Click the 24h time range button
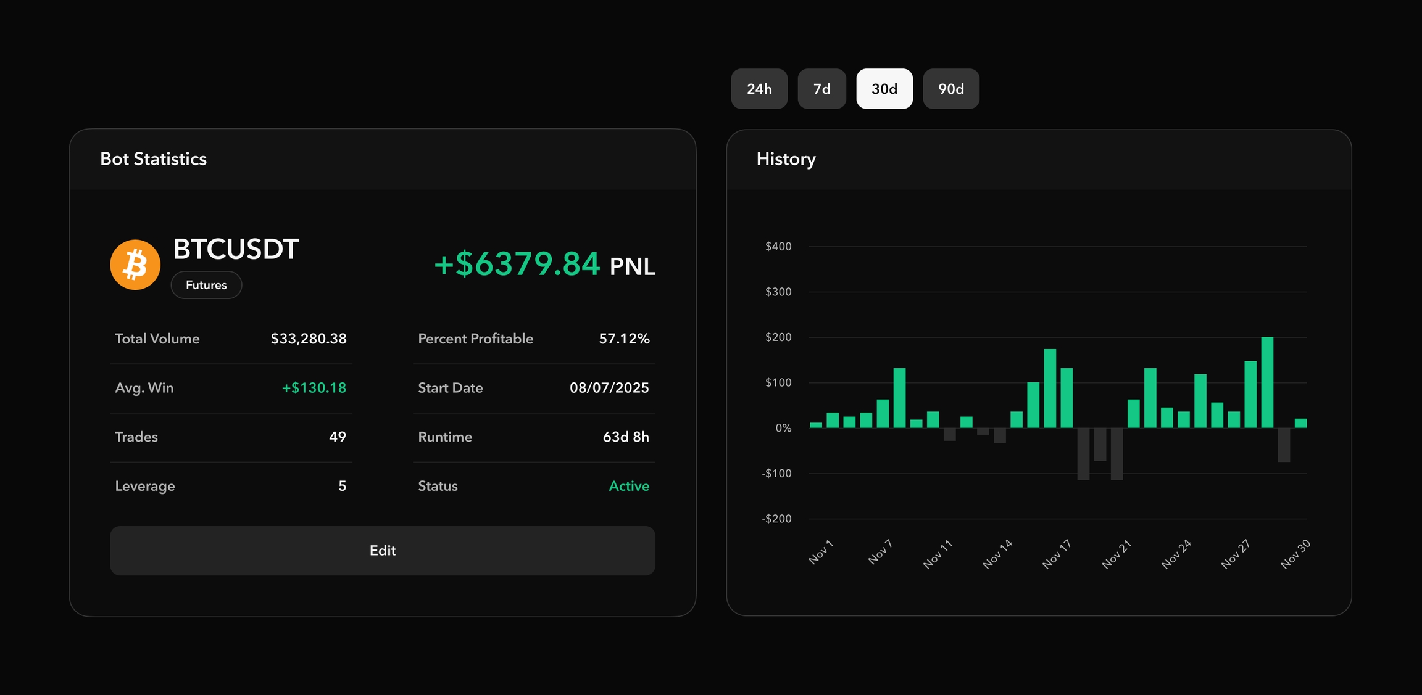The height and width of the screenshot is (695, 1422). point(759,89)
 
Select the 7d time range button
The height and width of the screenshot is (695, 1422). point(821,89)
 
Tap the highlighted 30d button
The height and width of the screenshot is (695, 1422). point(884,89)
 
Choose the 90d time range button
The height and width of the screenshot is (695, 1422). point(950,89)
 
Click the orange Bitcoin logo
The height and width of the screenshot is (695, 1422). point(135,265)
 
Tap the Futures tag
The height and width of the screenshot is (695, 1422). point(206,285)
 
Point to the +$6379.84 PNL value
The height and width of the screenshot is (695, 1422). point(517,264)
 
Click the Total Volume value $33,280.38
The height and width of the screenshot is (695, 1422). point(309,339)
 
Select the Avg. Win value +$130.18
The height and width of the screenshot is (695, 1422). point(314,388)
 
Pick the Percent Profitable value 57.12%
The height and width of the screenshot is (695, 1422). point(624,339)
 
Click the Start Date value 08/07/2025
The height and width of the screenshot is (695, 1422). point(609,388)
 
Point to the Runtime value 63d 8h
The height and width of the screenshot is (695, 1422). point(626,437)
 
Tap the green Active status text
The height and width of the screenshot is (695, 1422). point(629,486)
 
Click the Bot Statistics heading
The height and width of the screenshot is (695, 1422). point(154,159)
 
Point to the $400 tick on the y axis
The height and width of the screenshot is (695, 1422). point(778,247)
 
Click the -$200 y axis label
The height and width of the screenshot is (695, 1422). point(776,519)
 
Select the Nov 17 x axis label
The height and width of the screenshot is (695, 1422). point(1057,553)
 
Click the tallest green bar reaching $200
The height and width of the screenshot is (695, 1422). point(1267,382)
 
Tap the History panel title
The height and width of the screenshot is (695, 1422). point(786,159)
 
